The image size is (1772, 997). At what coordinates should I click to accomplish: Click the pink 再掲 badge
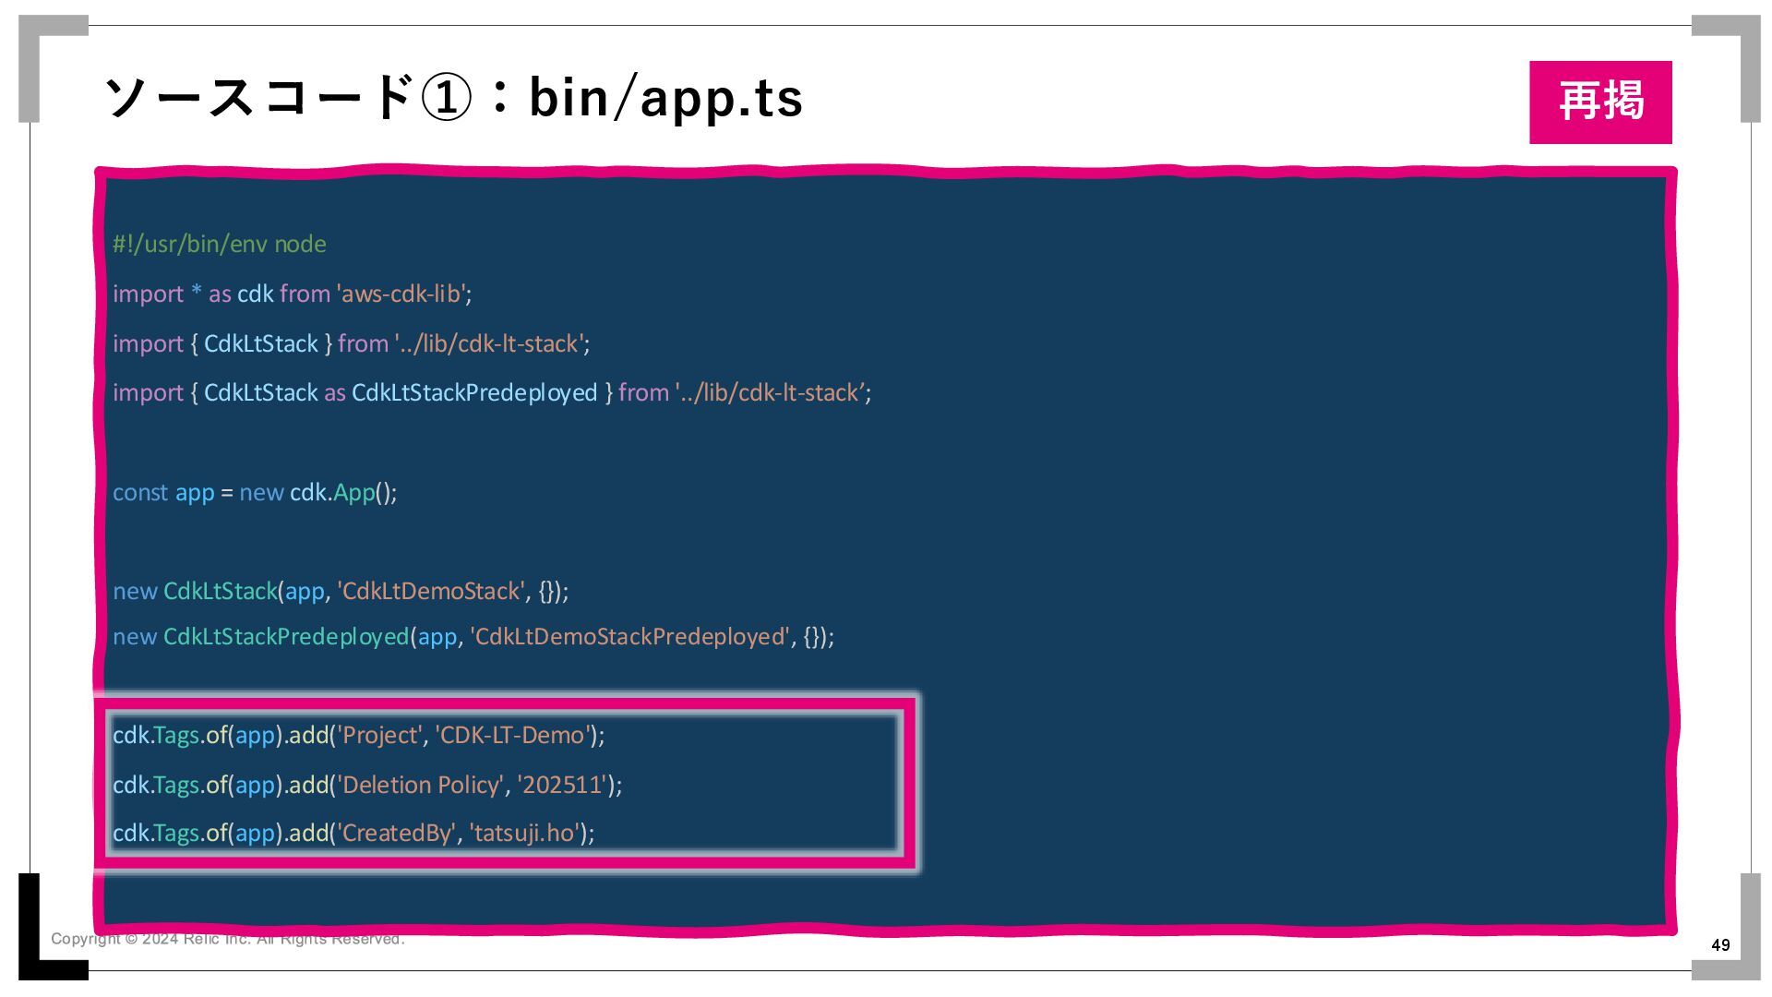tap(1599, 102)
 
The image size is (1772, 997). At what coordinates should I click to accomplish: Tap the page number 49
tap(1720, 944)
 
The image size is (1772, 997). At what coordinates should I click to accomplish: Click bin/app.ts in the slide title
tap(665, 98)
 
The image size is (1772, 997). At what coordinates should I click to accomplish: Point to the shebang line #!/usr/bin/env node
tap(220, 245)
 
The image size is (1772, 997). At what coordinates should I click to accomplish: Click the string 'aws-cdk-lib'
tap(401, 294)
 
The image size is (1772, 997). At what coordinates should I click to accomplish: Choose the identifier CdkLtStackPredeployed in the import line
tap(474, 393)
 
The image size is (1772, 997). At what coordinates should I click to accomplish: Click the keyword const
tap(140, 493)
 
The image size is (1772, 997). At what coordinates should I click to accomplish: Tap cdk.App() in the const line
tap(342, 493)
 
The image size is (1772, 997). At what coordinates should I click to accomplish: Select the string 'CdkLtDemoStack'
tap(431, 592)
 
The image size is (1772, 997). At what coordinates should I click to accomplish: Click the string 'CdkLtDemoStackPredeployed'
tap(629, 637)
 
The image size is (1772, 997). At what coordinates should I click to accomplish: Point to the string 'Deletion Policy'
tap(421, 786)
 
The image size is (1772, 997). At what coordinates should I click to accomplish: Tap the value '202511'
tap(561, 786)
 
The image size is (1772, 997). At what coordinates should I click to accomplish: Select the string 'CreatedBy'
tap(397, 834)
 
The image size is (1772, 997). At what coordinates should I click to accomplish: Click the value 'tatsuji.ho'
tap(524, 834)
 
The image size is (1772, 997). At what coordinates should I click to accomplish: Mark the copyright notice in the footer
tap(227, 939)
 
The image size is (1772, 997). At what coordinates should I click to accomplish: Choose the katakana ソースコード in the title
tap(258, 98)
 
